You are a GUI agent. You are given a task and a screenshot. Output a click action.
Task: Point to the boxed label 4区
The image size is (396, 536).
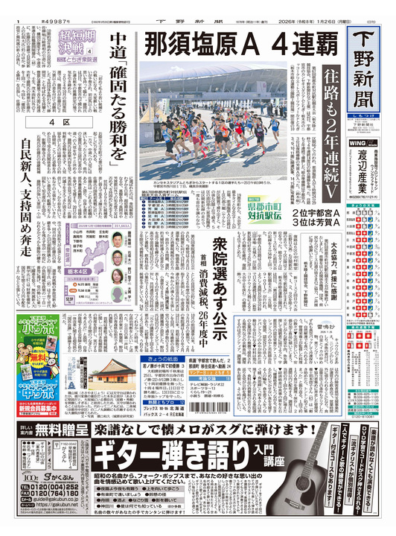coord(54,120)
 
